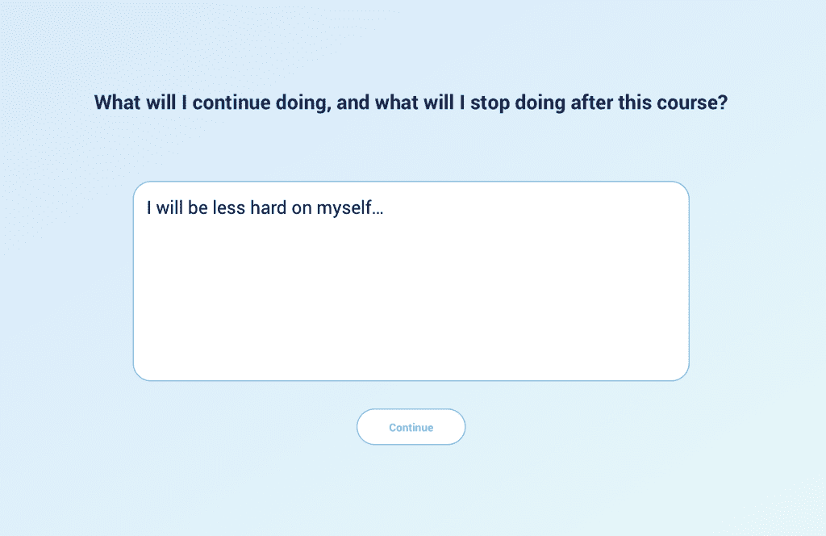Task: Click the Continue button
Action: point(411,427)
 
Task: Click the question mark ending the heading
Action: point(722,103)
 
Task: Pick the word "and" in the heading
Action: point(353,103)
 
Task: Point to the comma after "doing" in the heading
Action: point(329,109)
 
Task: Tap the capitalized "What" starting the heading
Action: point(118,103)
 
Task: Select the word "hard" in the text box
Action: point(268,207)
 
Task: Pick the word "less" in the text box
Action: point(229,207)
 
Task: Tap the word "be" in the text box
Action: point(198,207)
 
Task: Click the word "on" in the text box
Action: point(302,209)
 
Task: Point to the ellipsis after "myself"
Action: point(378,213)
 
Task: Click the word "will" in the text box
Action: point(169,207)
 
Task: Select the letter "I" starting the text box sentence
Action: point(149,207)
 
